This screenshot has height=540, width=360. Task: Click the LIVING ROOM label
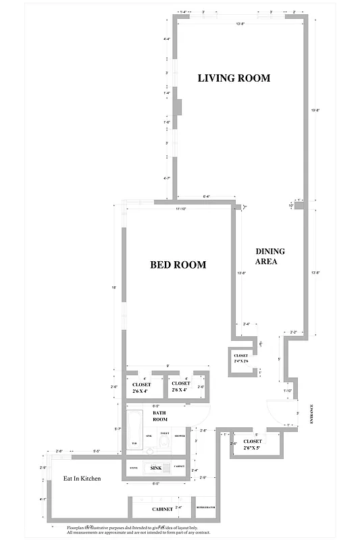(233, 78)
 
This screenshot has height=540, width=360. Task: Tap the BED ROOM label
(178, 265)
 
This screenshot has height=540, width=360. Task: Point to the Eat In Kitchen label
(82, 479)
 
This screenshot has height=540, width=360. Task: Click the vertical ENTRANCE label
(311, 412)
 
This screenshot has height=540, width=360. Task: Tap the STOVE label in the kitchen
(133, 466)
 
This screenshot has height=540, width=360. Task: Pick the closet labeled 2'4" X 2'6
(241, 358)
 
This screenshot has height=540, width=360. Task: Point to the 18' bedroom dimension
(114, 288)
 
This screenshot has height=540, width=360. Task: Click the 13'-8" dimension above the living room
(240, 25)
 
